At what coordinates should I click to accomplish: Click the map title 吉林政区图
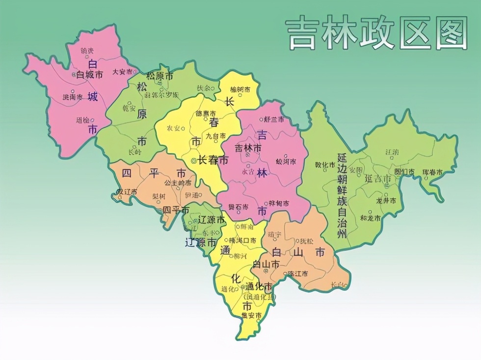(376, 33)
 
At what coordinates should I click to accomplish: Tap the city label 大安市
(123, 71)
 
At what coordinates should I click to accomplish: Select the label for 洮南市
(73, 97)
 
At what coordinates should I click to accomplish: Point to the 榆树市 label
(240, 89)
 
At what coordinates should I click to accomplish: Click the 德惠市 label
(206, 113)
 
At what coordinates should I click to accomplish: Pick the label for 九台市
(215, 135)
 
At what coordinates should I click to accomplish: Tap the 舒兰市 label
(273, 119)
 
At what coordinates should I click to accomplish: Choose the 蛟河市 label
(286, 161)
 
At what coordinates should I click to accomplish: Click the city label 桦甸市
(279, 203)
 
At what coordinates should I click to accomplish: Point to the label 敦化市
(324, 165)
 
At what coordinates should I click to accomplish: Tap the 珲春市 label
(432, 172)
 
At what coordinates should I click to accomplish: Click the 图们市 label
(404, 172)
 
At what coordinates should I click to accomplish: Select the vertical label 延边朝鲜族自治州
(343, 195)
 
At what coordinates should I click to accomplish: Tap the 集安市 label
(252, 315)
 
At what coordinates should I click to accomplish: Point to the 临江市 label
(298, 273)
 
